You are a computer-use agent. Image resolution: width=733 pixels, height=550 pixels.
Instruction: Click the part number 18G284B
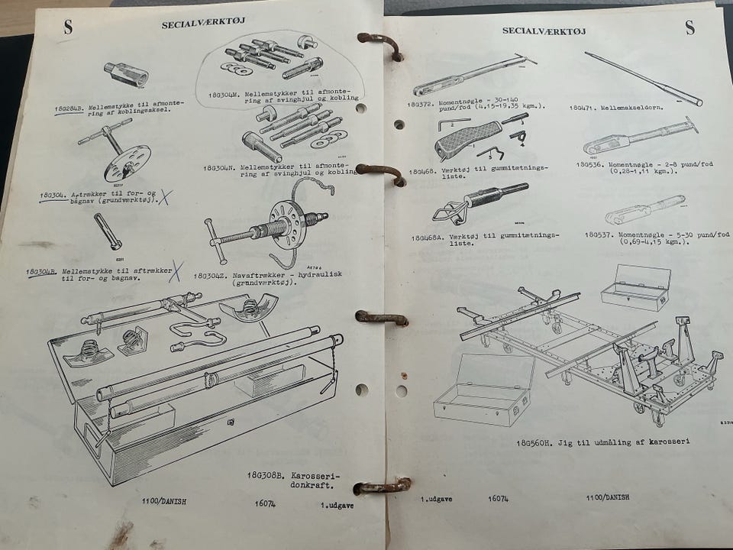click(69, 109)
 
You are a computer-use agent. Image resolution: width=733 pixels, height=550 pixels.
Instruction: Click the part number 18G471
click(585, 108)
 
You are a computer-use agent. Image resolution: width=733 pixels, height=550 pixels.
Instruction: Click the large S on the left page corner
click(68, 27)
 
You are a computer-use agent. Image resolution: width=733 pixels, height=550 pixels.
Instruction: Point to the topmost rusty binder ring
click(379, 44)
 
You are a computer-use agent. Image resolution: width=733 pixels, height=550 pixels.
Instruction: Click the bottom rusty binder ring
click(382, 486)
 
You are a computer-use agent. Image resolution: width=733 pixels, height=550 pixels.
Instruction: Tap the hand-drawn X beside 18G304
click(164, 197)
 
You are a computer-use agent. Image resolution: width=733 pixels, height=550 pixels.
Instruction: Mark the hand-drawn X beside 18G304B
click(176, 270)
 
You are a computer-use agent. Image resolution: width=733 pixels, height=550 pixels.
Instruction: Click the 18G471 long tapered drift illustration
click(643, 78)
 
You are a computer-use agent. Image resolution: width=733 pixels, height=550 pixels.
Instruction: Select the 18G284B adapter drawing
click(126, 74)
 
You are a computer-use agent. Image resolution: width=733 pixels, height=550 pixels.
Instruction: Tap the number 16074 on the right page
click(499, 499)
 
